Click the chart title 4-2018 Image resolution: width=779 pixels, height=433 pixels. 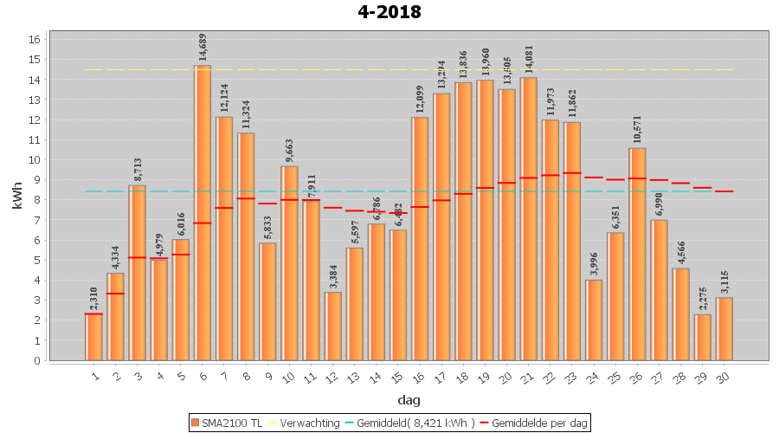(x=389, y=12)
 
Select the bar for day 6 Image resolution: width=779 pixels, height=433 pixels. (x=203, y=212)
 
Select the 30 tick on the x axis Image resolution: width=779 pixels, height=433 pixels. (x=723, y=374)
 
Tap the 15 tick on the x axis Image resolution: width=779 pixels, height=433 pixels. (x=396, y=374)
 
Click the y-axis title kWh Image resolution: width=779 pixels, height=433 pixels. (x=17, y=199)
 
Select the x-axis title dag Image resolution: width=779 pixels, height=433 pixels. (x=409, y=399)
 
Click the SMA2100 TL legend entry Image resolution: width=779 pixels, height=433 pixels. (x=227, y=423)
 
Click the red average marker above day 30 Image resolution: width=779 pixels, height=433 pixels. (x=724, y=191)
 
